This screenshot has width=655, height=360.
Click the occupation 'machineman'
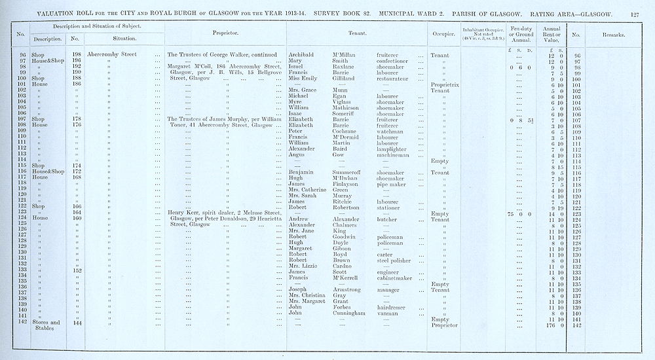pyautogui.click(x=396, y=155)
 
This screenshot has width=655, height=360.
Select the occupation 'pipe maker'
pyautogui.click(x=392, y=184)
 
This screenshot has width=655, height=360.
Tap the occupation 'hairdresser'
pyautogui.click(x=394, y=307)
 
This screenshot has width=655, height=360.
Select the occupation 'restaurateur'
pyautogui.click(x=397, y=79)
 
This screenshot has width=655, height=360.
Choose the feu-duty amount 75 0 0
pyautogui.click(x=518, y=213)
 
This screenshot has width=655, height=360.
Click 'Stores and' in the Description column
pyautogui.click(x=46, y=322)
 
